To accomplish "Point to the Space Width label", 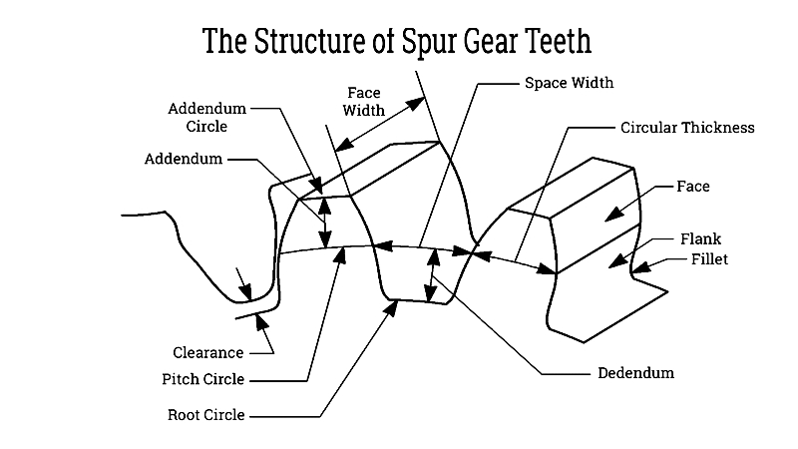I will coord(569,82).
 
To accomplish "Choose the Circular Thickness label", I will coord(686,128).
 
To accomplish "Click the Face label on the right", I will coord(693,187).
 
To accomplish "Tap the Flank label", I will coord(700,239).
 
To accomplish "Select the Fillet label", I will coord(709,259).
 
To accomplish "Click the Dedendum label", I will coord(635,373).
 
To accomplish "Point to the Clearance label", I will coord(207,352).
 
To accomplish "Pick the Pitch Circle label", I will coord(202,379).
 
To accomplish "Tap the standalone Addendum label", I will coord(184,159).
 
